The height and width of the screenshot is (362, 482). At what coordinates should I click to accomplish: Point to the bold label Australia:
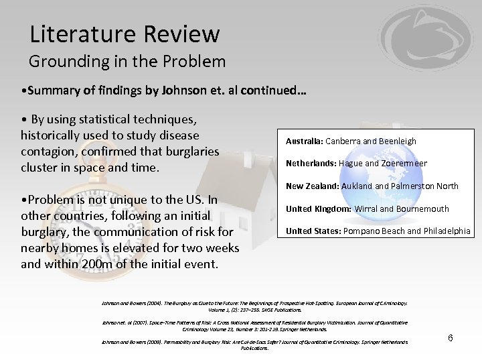point(305,141)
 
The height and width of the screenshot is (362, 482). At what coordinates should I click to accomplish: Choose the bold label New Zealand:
point(313,186)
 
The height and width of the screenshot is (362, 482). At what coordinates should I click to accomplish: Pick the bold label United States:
point(312,232)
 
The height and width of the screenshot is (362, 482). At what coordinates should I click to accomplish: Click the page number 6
point(451,338)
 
